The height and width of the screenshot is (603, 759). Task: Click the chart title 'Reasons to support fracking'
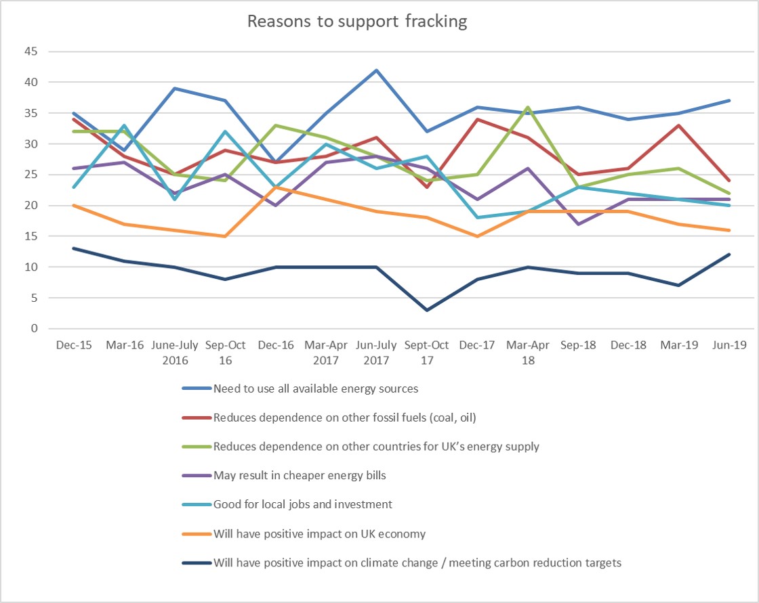coord(357,21)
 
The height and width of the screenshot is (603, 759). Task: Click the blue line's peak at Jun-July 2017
coord(376,70)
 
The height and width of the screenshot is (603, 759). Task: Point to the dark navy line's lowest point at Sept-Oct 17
coord(427,310)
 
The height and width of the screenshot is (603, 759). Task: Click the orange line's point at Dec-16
coord(276,187)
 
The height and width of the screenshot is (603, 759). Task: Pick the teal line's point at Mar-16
coord(124,125)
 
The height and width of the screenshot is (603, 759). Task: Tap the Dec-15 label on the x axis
coord(73,345)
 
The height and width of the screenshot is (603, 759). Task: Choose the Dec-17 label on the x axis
coord(478,345)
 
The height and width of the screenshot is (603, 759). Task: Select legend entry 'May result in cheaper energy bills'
coord(299,475)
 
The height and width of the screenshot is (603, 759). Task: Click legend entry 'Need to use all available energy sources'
coord(315,388)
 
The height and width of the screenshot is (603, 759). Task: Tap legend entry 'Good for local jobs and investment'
coord(302,504)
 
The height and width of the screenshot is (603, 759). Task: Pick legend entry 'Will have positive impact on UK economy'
coord(319,533)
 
